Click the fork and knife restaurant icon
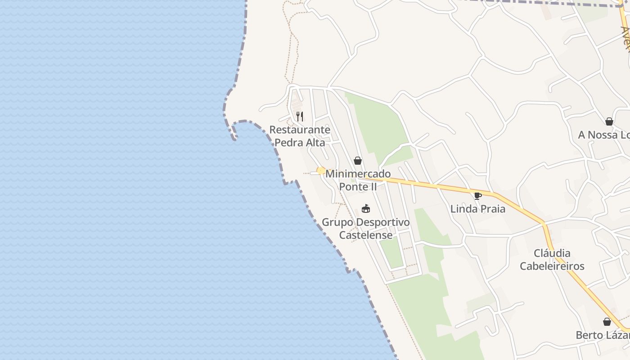coord(300,117)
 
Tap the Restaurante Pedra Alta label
coord(300,136)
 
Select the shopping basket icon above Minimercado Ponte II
coord(358,161)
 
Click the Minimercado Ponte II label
coord(358,180)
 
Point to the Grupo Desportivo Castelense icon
coord(366,209)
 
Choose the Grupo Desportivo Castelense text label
coord(366,229)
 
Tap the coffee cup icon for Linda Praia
coord(478,196)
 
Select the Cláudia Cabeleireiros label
coord(552,260)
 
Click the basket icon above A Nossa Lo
coord(609,121)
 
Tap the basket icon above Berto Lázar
coord(607,322)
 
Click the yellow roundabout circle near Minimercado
coord(321,171)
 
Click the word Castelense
coord(366,235)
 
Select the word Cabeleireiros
coord(552,266)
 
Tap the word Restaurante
coord(300,130)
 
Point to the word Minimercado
coord(358,174)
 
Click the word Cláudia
coord(552,253)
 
